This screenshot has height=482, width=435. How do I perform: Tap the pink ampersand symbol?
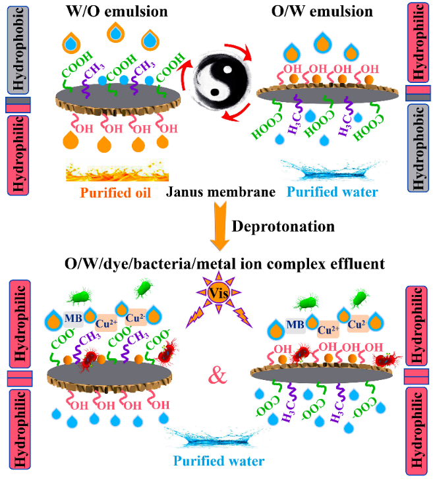(218, 377)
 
